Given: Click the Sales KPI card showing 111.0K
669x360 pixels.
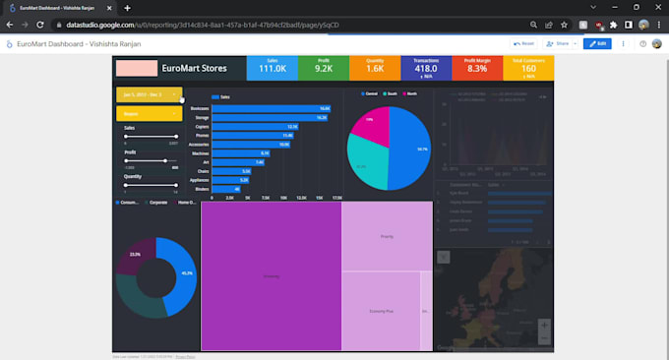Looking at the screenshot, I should tap(273, 68).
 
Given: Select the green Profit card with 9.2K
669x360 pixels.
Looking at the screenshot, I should tap(324, 68).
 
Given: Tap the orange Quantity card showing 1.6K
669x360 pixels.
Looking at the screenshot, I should tap(376, 68).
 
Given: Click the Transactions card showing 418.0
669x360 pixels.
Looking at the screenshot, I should tap(427, 68).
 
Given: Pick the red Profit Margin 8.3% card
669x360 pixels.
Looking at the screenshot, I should tap(477, 68).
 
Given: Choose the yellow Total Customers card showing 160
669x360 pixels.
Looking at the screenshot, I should tap(529, 68).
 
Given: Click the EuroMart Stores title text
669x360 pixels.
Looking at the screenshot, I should tap(195, 69).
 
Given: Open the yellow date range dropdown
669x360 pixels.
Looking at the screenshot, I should tap(149, 95).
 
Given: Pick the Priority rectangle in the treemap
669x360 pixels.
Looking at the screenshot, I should tap(387, 236).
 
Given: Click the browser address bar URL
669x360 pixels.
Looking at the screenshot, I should tap(246, 25).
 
